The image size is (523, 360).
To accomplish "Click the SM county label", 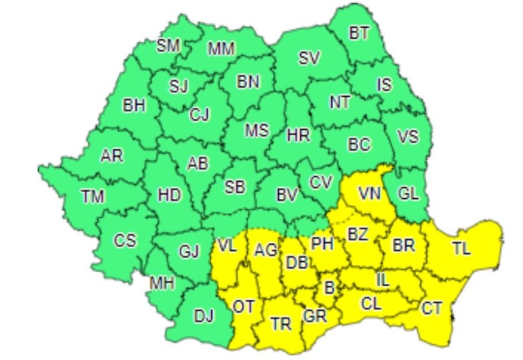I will tap(168, 46).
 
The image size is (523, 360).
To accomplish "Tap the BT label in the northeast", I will tap(359, 33).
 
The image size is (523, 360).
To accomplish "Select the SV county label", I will tap(309, 58).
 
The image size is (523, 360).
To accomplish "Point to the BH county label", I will tap(134, 105).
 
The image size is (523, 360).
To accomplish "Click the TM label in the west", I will tap(93, 196).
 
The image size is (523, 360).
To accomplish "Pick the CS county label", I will tap(125, 241).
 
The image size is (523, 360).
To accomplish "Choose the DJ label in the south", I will tap(204, 316).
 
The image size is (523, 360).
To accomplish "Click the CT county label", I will tap(431, 309).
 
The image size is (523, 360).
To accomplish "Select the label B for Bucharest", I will tap(329, 287).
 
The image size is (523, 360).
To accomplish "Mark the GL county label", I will tap(408, 194).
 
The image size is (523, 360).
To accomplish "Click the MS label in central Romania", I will tap(257, 130).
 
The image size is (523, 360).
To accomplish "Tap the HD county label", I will tap(169, 195).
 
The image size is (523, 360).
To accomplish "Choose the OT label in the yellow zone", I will tap(243, 307).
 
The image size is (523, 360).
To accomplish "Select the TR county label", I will tap(281, 324).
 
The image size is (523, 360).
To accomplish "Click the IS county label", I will tap(384, 84).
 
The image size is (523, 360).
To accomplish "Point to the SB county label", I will tap(235, 187).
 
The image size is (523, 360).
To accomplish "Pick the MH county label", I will tap(162, 283).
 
